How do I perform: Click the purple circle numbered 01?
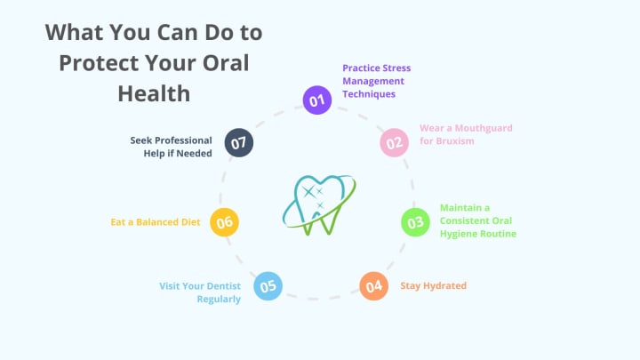pos(316,100)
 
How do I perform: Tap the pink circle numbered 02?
pos(394,142)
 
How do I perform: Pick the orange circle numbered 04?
pos(373,285)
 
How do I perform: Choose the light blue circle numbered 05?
pos(268,285)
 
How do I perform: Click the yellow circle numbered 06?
pos(224,221)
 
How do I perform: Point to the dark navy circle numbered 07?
pos(239,142)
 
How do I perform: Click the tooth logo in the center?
pos(318,205)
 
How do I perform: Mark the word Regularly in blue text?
pos(219,299)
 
